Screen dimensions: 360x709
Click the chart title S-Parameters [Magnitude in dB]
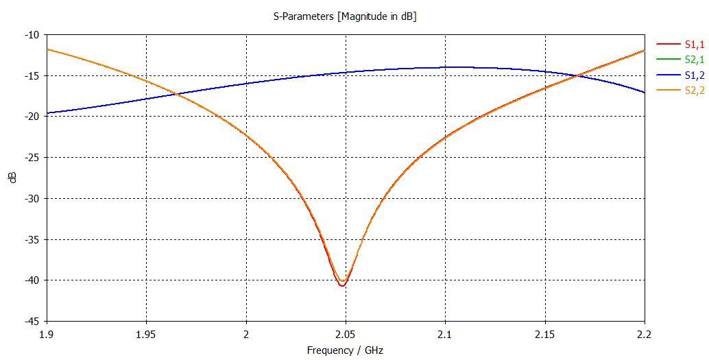[340, 16]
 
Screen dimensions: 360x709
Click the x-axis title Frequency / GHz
[345, 350]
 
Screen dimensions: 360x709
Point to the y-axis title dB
[13, 178]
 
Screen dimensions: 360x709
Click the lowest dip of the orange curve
[342, 283]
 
